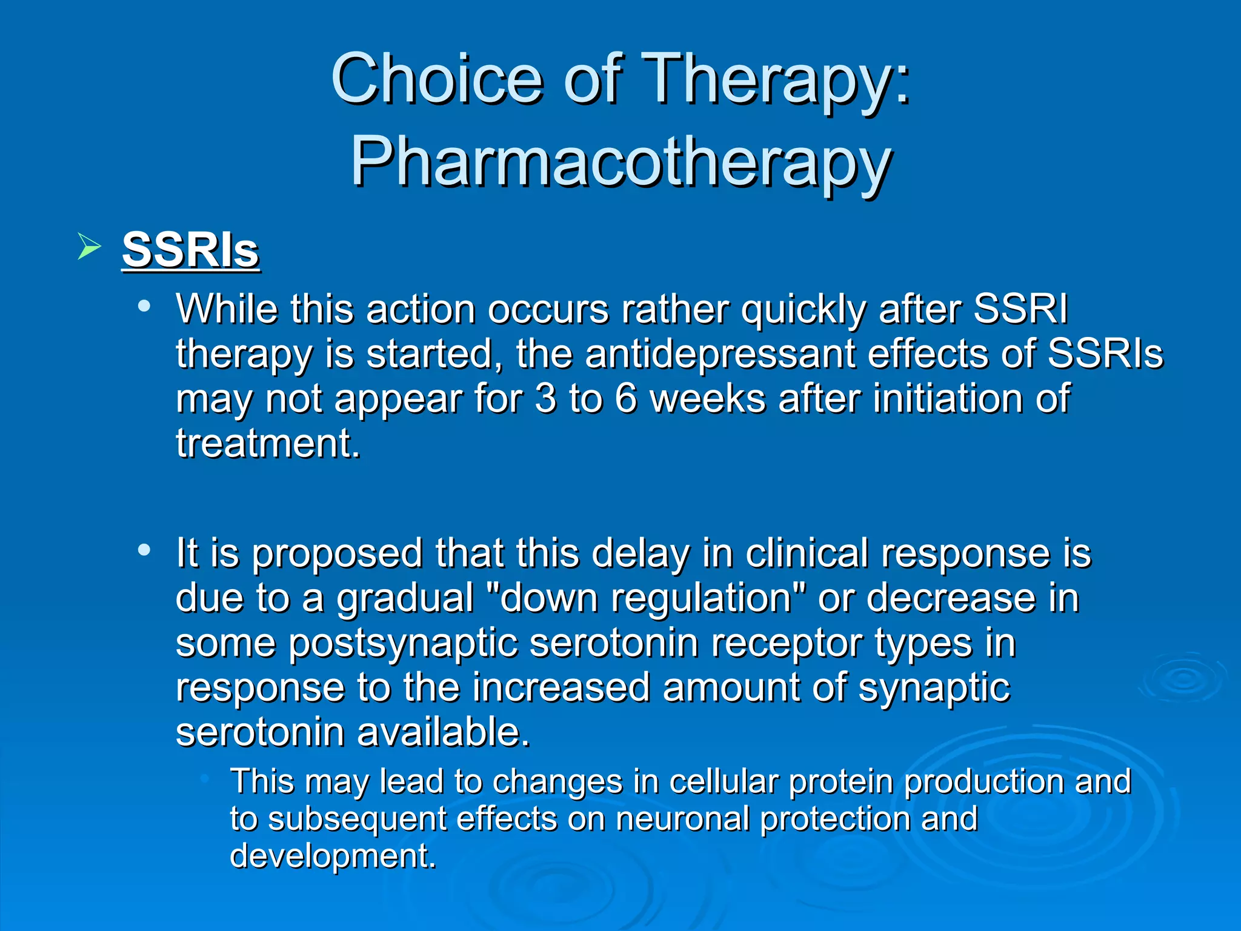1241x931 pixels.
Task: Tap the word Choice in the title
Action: point(437,79)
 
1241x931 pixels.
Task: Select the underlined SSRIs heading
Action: point(191,249)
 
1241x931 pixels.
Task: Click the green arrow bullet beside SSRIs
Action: point(89,247)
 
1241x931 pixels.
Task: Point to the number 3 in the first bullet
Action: point(545,399)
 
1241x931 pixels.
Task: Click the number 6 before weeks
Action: point(626,399)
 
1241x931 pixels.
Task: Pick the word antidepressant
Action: point(720,354)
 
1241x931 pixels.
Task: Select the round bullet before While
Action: point(144,306)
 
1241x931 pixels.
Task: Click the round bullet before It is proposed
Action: point(144,550)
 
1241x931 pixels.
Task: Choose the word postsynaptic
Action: point(403,643)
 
